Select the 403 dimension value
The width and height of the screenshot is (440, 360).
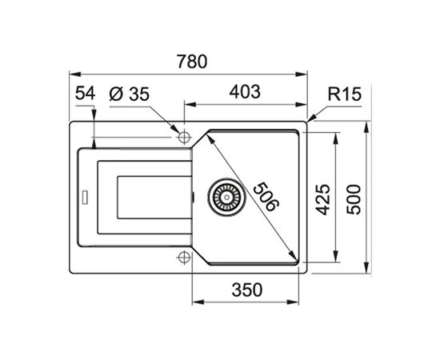tap(244, 92)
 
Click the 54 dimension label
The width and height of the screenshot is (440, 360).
tap(85, 93)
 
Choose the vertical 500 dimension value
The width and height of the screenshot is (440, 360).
tap(355, 198)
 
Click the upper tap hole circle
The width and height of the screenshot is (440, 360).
tap(183, 134)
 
